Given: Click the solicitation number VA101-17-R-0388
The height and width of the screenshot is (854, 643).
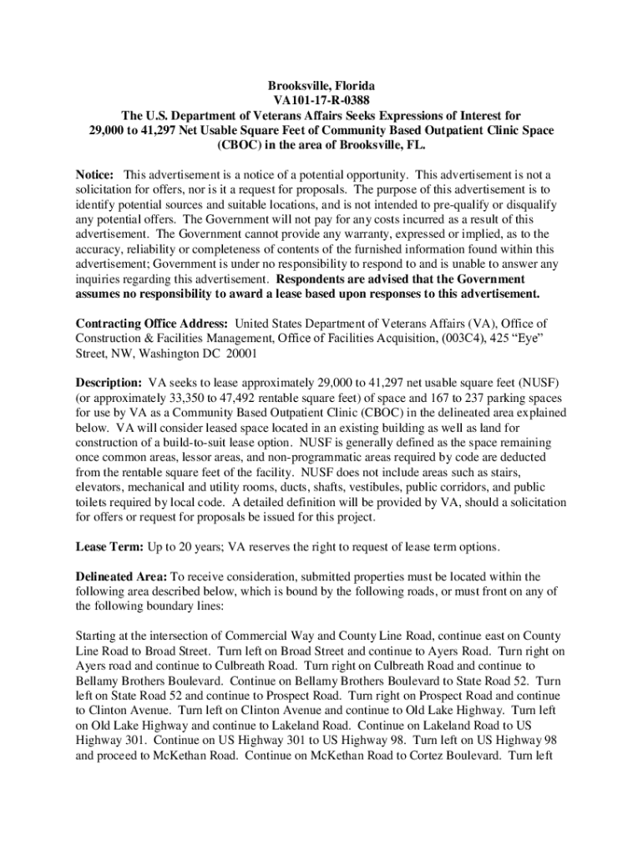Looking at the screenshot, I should pyautogui.click(x=321, y=102).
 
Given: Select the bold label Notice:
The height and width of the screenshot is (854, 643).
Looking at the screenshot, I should pyautogui.click(x=94, y=174).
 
